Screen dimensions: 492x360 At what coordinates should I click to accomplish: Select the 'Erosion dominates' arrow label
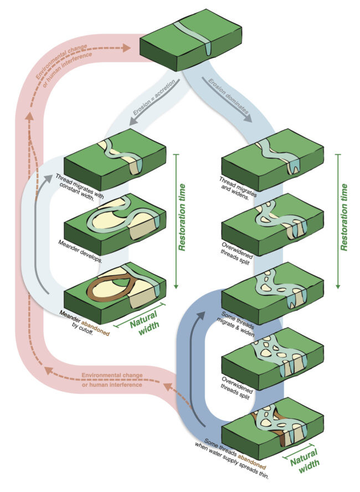click(228, 95)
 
